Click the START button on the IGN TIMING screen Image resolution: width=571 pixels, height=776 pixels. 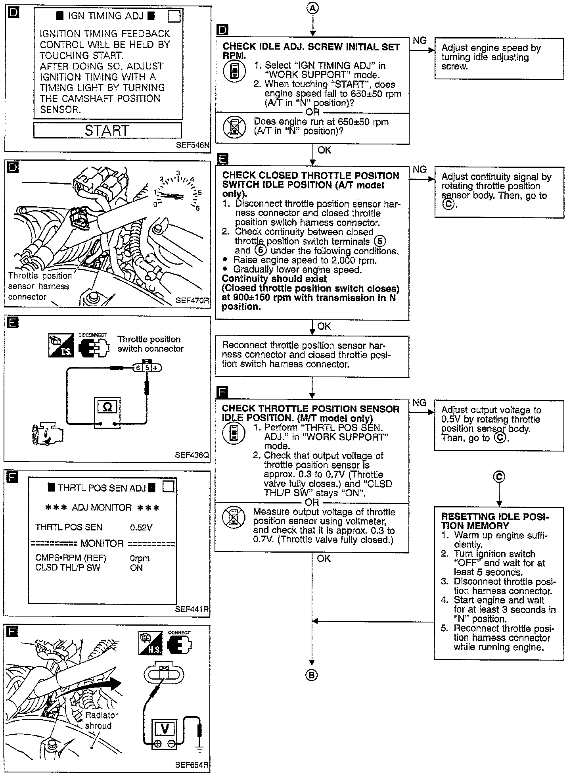[x=107, y=131]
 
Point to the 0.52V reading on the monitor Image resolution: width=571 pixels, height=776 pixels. [x=141, y=527]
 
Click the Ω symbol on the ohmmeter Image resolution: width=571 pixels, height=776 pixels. [x=107, y=407]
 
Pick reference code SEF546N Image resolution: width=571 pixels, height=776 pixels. [x=192, y=145]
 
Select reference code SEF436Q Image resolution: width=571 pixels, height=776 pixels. [x=192, y=455]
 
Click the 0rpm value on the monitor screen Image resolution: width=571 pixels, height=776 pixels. [x=140, y=558]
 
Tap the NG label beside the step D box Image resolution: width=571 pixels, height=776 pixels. [x=420, y=40]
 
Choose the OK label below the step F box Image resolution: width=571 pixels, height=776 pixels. [x=324, y=558]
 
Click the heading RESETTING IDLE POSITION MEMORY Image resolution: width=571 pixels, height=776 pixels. [x=494, y=521]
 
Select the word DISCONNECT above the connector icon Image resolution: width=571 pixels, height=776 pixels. [x=92, y=335]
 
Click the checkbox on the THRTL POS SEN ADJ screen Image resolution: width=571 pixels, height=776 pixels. [x=169, y=487]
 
